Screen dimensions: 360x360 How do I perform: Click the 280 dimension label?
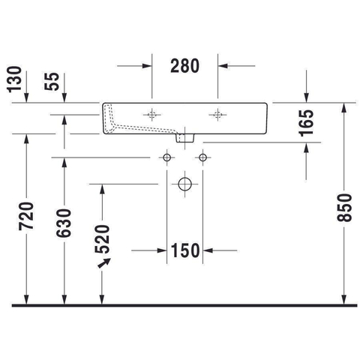[x=184, y=66]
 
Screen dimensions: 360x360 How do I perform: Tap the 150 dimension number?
[x=185, y=250]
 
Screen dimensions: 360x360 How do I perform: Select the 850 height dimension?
[x=344, y=208]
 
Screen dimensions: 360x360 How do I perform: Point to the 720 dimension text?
[x=26, y=216]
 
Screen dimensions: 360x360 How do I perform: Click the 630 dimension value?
[x=64, y=223]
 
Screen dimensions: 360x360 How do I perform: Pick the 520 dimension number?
[x=102, y=239]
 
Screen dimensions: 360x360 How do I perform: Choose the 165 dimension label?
[x=307, y=123]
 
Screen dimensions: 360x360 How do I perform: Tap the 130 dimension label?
[x=14, y=79]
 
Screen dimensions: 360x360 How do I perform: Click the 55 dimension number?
[x=52, y=81]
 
